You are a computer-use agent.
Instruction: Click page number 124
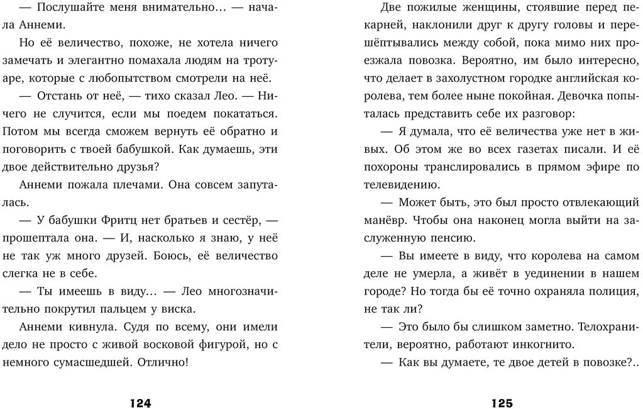pos(141,403)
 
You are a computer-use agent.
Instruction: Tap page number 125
pos(502,403)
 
